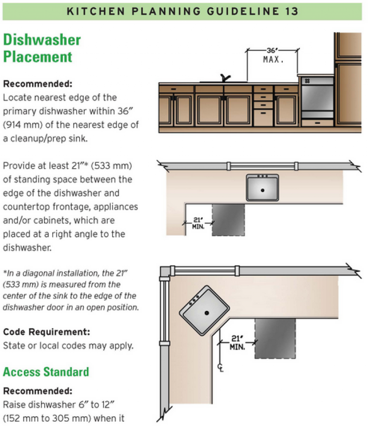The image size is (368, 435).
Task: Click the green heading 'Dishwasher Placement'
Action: pyautogui.click(x=42, y=48)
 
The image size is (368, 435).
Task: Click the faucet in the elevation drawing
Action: pyautogui.click(x=224, y=78)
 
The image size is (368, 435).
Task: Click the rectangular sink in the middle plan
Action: pyautogui.click(x=262, y=187)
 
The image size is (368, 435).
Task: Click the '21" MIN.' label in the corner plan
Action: pyautogui.click(x=236, y=342)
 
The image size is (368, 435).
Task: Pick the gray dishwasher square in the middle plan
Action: pyautogui.click(x=229, y=218)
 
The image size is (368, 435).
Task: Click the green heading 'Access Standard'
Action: pyautogui.click(x=46, y=372)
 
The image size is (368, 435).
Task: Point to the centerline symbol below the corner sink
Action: pyautogui.click(x=220, y=368)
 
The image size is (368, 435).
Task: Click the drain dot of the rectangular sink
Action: pyautogui.click(x=263, y=190)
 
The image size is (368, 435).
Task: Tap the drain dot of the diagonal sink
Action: pyautogui.click(x=207, y=313)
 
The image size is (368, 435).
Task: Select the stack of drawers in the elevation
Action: pyautogui.click(x=263, y=106)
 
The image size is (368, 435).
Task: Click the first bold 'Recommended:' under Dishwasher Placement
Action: pyautogui.click(x=37, y=84)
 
